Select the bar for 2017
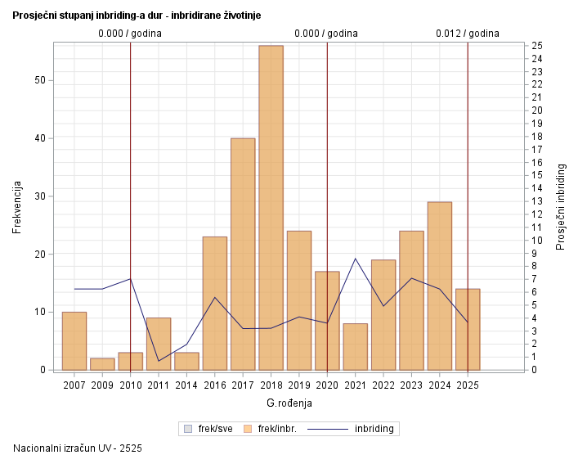[243, 254]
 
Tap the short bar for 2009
[102, 364]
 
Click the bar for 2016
[215, 303]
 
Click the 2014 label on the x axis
[186, 384]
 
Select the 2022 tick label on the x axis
[383, 384]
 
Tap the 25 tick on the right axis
[535, 45]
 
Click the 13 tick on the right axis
[535, 201]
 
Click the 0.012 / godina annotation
[467, 34]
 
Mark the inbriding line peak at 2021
[355, 259]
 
